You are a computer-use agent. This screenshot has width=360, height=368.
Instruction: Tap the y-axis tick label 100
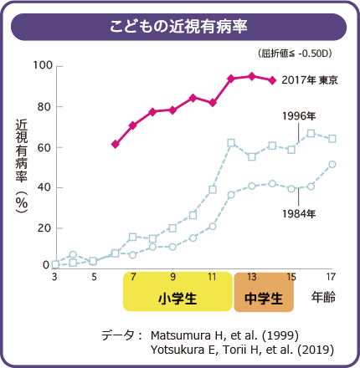[43, 66]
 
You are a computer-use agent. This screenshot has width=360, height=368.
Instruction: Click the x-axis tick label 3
[54, 276]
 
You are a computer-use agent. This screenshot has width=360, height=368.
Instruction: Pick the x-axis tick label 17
[331, 276]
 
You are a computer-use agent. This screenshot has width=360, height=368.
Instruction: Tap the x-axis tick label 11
[213, 276]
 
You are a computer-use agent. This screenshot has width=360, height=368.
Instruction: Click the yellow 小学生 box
[177, 296]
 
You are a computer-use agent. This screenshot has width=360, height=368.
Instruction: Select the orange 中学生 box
[264, 296]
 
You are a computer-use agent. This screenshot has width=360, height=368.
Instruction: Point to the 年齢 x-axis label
[324, 297]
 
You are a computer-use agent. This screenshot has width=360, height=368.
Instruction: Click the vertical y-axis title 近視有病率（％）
[22, 167]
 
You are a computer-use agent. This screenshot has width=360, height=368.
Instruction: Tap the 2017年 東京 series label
[309, 80]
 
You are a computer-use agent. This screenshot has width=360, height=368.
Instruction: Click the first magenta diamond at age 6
[115, 144]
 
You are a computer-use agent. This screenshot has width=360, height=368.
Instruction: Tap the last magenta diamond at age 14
[271, 80]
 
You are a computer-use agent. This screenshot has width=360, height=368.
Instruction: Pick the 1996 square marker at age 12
[231, 143]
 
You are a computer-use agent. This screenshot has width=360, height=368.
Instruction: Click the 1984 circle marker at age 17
[332, 164]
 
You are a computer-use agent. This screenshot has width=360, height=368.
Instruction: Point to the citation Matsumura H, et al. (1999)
[224, 335]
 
